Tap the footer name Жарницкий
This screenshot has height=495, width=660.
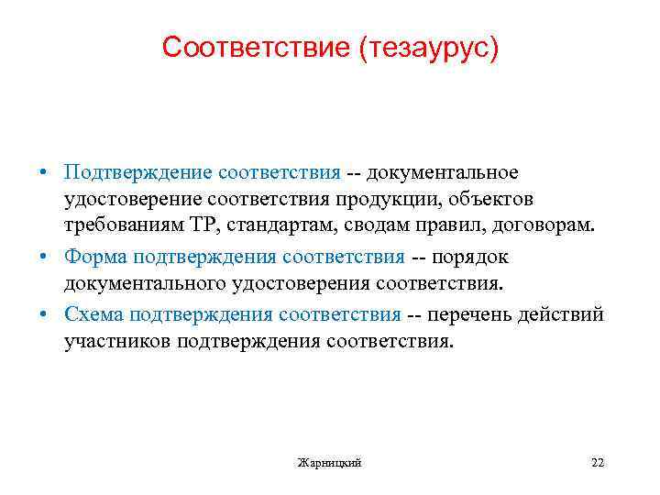(x=330, y=463)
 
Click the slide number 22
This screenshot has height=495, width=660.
(x=598, y=463)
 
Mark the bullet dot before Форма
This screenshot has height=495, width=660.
(x=42, y=258)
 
